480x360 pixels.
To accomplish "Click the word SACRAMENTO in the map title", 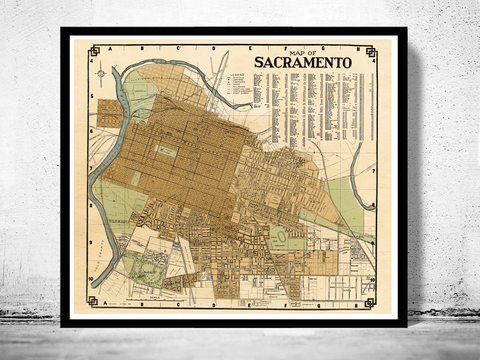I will (303, 62).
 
